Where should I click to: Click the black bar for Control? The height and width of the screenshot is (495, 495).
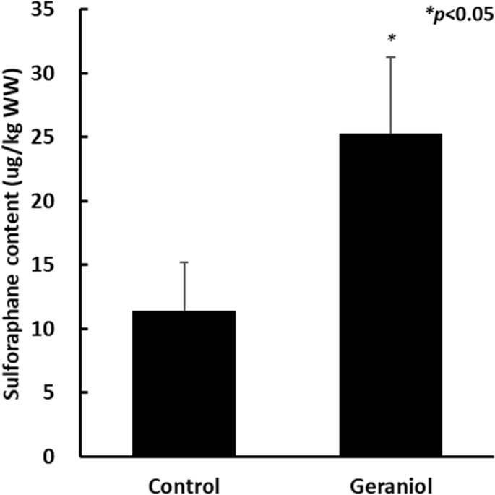click(x=184, y=383)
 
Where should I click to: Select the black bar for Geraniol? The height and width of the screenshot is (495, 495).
click(x=390, y=295)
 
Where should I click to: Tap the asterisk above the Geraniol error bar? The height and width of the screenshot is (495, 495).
click(x=390, y=38)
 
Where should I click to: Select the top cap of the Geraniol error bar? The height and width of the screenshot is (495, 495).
click(x=390, y=57)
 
